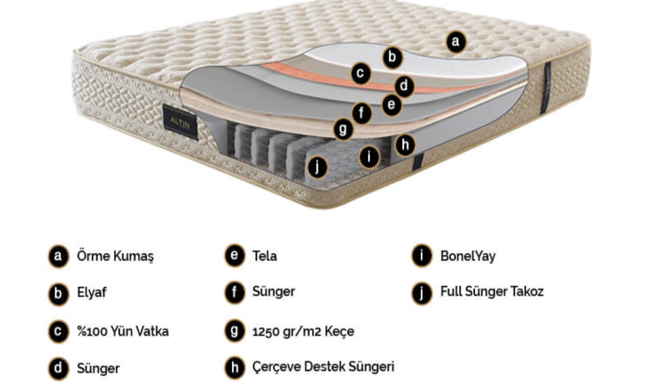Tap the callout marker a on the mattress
[x=455, y=42]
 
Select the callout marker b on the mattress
[x=393, y=57]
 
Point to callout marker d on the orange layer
[x=404, y=86]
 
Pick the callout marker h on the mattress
[x=405, y=145]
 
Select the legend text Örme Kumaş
[x=115, y=256]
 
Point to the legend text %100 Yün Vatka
[x=123, y=331]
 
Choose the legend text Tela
[x=264, y=256]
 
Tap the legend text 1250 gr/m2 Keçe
[x=303, y=331]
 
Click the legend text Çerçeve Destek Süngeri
[x=323, y=367]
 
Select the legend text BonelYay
[x=468, y=256]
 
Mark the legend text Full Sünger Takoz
[x=492, y=291]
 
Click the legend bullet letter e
[x=234, y=256]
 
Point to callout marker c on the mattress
[x=360, y=73]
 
